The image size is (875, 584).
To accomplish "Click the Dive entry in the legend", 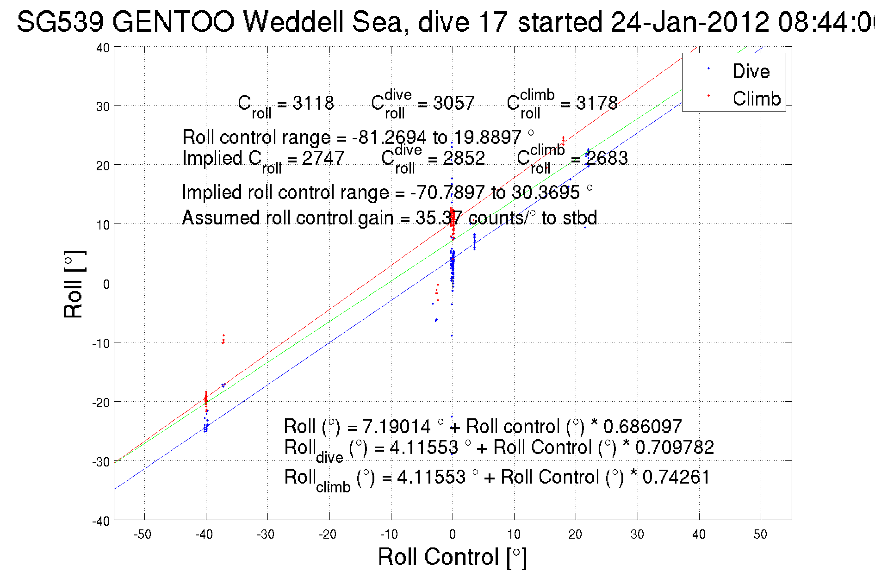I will point(751,71).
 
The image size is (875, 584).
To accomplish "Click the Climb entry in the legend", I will point(756,99).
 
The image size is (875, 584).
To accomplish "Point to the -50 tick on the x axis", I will point(143,534).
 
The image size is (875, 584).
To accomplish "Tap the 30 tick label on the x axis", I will point(637,534).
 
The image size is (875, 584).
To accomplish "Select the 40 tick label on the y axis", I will point(103,48).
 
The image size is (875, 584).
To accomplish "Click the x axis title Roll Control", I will point(452,557).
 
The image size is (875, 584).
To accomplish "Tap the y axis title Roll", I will point(74,284).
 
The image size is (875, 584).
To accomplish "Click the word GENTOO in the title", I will point(173,22).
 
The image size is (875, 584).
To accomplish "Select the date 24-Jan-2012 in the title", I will point(690,22).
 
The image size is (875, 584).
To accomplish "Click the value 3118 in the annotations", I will point(313,103).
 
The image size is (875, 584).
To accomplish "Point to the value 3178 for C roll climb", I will point(596,103).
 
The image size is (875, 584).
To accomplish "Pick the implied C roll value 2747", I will point(323,158).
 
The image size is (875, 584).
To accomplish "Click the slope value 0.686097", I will point(642,426).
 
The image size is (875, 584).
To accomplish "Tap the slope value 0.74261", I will point(676,477).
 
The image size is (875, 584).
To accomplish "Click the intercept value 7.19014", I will point(396,426).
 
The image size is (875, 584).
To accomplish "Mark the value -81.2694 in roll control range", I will point(389,137).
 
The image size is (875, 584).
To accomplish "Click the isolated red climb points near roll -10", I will point(223,340).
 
